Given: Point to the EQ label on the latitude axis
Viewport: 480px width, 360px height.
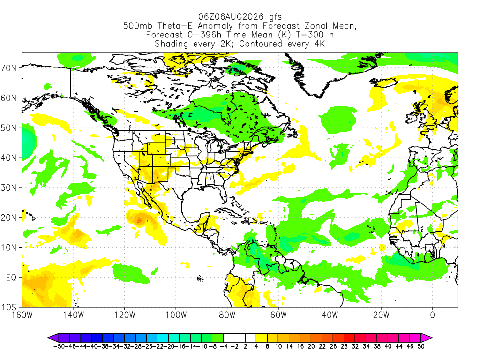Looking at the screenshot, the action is coord(11,277).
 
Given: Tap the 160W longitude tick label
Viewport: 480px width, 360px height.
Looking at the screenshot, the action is coord(22,315).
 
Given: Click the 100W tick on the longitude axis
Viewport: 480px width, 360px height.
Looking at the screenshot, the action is coord(176,315).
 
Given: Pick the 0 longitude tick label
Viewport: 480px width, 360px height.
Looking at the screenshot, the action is coord(432,315).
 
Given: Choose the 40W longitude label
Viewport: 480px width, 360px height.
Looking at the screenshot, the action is coord(330,315).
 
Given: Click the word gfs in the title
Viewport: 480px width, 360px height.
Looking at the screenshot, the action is coord(275,17).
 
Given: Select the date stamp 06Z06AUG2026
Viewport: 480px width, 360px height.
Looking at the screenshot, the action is coord(231,16).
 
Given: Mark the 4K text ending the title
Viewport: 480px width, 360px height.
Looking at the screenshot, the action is coord(319,44).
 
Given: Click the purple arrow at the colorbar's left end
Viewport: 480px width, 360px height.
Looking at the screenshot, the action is coord(52,338).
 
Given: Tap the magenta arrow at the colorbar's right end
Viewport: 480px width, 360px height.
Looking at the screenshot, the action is coord(427,338).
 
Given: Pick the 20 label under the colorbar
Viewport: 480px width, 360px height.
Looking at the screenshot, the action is coord(311,346).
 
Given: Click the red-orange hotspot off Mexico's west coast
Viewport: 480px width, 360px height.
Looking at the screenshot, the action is coord(139,220).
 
